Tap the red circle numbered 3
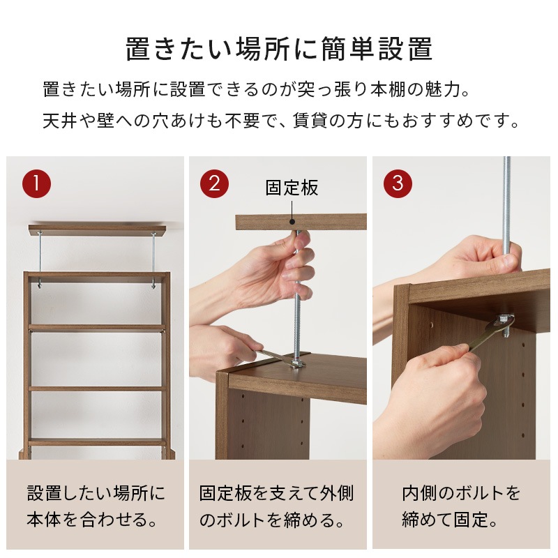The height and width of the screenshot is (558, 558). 398,183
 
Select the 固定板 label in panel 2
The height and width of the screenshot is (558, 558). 292,188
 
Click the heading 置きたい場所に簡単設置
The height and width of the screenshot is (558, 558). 279,50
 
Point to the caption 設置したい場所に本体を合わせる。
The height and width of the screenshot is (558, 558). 96,506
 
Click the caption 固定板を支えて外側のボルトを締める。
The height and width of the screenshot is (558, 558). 277,506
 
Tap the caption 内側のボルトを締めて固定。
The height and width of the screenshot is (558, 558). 461,506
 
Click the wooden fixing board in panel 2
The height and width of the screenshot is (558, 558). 328,223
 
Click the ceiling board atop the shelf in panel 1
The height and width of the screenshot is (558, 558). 97,229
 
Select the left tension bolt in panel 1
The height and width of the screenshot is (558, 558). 40,259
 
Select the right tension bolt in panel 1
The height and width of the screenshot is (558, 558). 153,259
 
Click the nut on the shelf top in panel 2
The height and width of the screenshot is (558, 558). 299,361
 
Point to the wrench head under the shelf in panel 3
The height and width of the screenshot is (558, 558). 504,322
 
